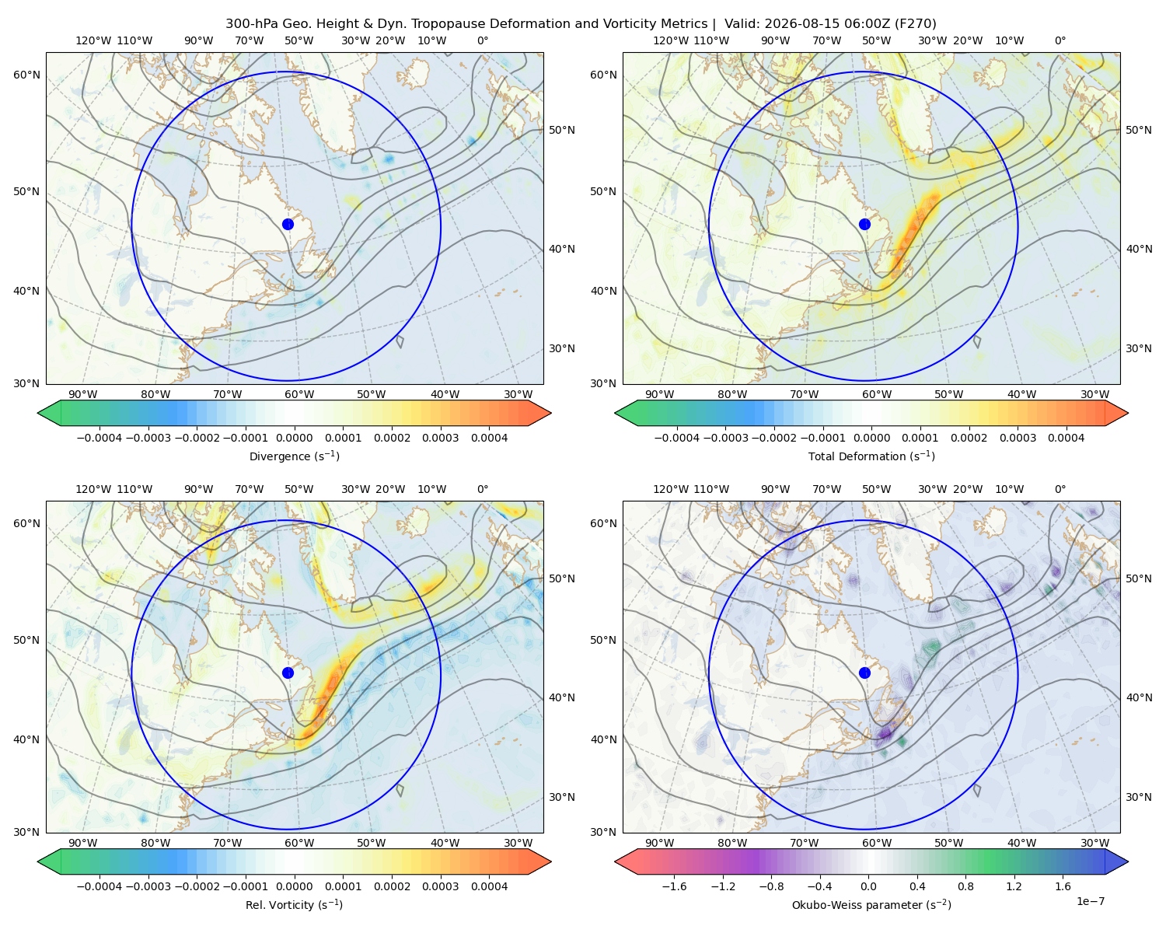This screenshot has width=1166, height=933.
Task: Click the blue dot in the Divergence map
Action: click(288, 224)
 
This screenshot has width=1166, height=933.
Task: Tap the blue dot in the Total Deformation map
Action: click(864, 224)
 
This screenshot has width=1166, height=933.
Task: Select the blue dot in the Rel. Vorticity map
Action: click(288, 673)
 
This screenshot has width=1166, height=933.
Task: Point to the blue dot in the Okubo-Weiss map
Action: click(864, 673)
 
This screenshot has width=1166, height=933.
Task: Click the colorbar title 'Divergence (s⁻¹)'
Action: click(294, 456)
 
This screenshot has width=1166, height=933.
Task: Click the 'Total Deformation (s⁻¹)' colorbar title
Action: click(871, 456)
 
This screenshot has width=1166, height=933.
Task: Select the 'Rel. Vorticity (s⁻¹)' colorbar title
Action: click(294, 905)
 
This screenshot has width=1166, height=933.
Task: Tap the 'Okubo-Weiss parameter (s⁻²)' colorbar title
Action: click(871, 905)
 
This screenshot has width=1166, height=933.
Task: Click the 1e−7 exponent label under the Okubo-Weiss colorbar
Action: click(1090, 901)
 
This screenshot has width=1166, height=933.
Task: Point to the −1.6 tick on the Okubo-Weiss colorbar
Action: click(674, 886)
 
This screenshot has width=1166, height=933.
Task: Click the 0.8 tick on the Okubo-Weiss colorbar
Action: click(965, 886)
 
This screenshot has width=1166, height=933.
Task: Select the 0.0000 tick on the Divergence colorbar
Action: click(294, 438)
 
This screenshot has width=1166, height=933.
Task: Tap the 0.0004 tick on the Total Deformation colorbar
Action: click(1066, 438)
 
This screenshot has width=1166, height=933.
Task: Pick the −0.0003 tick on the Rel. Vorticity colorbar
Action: click(148, 886)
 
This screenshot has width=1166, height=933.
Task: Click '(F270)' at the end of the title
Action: click(916, 24)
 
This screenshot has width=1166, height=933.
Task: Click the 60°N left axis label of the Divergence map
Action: click(26, 75)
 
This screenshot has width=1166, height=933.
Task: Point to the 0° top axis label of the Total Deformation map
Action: click(1060, 40)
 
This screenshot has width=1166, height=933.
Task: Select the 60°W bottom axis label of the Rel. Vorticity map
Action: click(299, 843)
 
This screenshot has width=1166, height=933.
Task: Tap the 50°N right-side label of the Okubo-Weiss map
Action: click(1138, 578)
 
